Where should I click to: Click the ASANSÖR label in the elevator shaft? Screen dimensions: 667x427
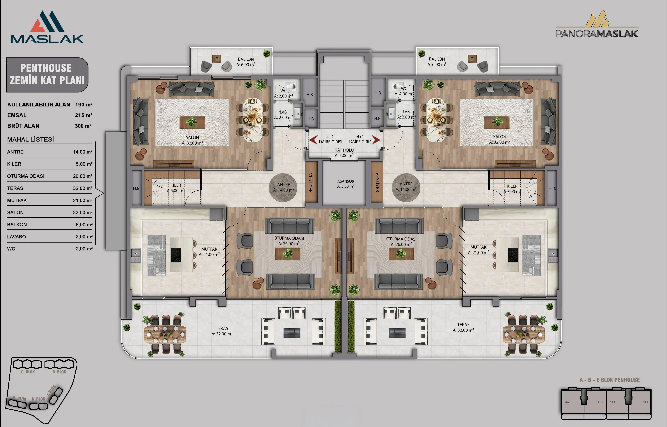click(345, 181)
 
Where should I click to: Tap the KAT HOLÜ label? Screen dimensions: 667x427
click(344, 150)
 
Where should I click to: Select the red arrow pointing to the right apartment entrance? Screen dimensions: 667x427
click(376, 140)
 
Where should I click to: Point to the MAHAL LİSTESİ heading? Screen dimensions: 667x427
click(31, 139)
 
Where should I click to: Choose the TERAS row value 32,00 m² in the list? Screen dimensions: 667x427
click(83, 188)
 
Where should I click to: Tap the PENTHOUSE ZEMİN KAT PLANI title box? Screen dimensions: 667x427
click(47, 75)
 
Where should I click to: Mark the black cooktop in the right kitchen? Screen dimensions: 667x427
click(513, 255)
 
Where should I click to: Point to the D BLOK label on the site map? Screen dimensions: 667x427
click(59, 372)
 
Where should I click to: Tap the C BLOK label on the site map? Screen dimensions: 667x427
click(28, 372)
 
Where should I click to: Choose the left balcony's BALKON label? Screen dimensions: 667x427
click(246, 59)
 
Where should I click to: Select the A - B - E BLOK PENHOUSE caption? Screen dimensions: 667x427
click(610, 380)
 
